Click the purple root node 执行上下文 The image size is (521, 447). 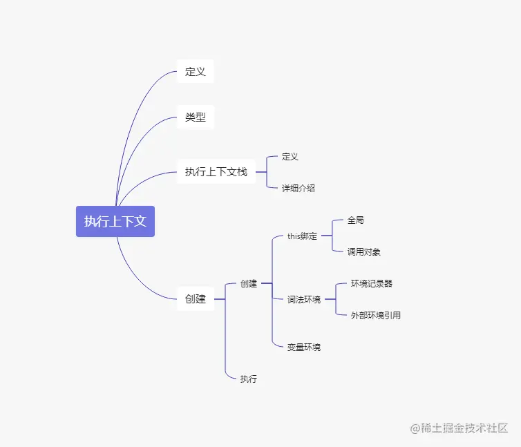pos(115,221)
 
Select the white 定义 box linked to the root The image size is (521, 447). pos(195,71)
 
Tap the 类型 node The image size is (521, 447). pos(195,117)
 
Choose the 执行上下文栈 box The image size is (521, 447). pos(216,172)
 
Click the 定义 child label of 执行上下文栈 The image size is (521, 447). pos(290,157)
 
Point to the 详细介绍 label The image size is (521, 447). pos(299,188)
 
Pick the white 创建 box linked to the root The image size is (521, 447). pos(195,299)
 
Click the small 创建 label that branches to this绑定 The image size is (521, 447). pos(249,283)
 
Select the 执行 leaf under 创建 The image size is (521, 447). pos(249,379)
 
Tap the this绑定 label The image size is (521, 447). pos(302,236)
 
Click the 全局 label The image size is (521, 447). pos(356,220)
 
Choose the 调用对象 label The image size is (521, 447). pos(364,252)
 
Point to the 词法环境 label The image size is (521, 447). pos(304,300)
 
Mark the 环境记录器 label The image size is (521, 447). pos(372,283)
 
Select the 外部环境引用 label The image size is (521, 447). pos(376,316)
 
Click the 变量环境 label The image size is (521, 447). pos(304,347)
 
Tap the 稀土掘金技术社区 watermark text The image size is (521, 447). pos(465,428)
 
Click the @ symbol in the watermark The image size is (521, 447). pos(416,428)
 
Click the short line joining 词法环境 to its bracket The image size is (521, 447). pos(329,299)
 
